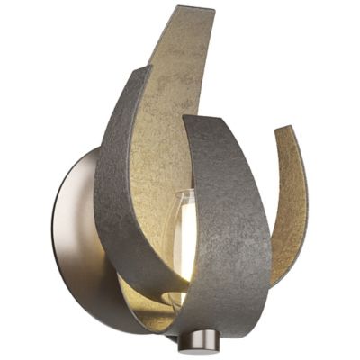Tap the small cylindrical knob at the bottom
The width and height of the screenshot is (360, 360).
click(191, 342)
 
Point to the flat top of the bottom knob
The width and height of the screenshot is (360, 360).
click(191, 335)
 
